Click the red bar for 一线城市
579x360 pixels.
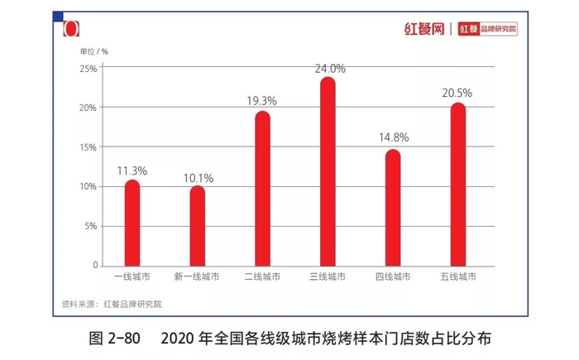(x=132, y=223)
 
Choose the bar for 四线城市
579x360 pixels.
(x=393, y=208)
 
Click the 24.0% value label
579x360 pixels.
(x=329, y=70)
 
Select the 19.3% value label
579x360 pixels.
(x=261, y=101)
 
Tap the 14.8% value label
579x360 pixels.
(x=393, y=138)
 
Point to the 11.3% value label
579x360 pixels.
(x=132, y=171)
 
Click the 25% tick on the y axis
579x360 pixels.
(x=88, y=69)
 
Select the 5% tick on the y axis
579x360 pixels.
(x=89, y=226)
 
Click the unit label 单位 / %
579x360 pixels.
(x=94, y=51)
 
